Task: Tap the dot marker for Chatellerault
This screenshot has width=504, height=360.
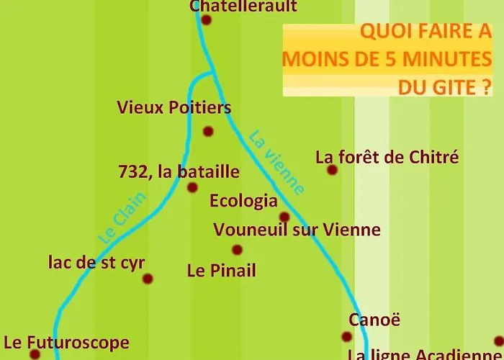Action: pyautogui.click(x=206, y=20)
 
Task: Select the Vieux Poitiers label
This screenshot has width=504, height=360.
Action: pyautogui.click(x=174, y=108)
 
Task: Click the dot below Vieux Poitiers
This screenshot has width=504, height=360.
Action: pyautogui.click(x=208, y=131)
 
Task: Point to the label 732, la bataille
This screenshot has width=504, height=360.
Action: pyautogui.click(x=178, y=172)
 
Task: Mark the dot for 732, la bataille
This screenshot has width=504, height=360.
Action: pyautogui.click(x=192, y=188)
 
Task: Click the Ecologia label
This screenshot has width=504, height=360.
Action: pyautogui.click(x=243, y=200)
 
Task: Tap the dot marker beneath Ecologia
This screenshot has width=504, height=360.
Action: pyautogui.click(x=284, y=217)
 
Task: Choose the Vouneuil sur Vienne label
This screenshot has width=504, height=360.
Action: pyautogui.click(x=297, y=230)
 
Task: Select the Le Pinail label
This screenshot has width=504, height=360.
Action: pyautogui.click(x=221, y=271)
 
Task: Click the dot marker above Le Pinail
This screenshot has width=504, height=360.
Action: pyautogui.click(x=237, y=250)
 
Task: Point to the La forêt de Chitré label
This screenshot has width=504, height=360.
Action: pyautogui.click(x=387, y=157)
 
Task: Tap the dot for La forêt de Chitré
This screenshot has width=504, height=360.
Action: pyautogui.click(x=332, y=170)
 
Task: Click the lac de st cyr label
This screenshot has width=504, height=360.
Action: pyautogui.click(x=91, y=262)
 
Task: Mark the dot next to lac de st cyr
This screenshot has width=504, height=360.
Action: pyautogui.click(x=148, y=279)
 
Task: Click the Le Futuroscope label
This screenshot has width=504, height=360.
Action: pyautogui.click(x=66, y=343)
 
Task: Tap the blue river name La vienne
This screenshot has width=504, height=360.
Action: pyautogui.click(x=276, y=161)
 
